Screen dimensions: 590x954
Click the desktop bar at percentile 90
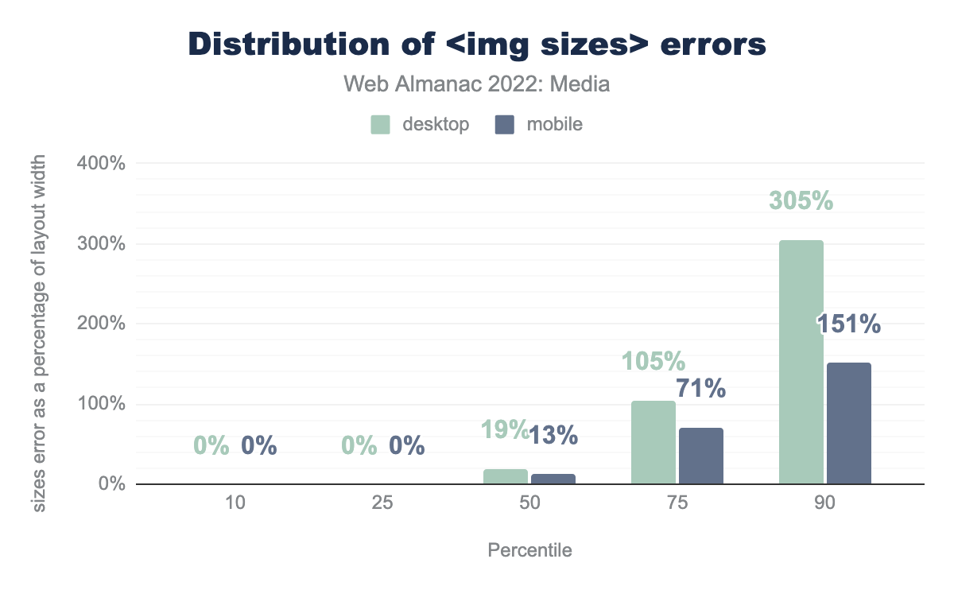tap(801, 362)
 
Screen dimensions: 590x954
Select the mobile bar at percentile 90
tap(849, 423)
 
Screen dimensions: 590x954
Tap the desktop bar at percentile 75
tap(653, 442)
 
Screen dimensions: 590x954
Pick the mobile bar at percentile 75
tap(701, 456)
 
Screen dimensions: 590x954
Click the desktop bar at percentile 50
tap(506, 476)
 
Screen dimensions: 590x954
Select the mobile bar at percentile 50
tap(553, 479)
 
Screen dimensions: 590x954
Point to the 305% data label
tap(801, 201)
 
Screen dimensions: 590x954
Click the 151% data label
tap(849, 324)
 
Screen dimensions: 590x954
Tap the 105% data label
tap(653, 362)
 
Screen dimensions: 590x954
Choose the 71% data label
tap(701, 389)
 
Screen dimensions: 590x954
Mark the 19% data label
tap(504, 430)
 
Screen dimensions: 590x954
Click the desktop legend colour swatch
tap(380, 125)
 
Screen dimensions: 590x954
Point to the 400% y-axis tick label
tap(101, 164)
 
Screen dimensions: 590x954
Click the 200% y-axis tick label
tap(101, 324)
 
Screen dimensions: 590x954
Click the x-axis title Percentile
tap(529, 550)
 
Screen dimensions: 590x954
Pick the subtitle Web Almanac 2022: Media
tap(477, 83)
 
